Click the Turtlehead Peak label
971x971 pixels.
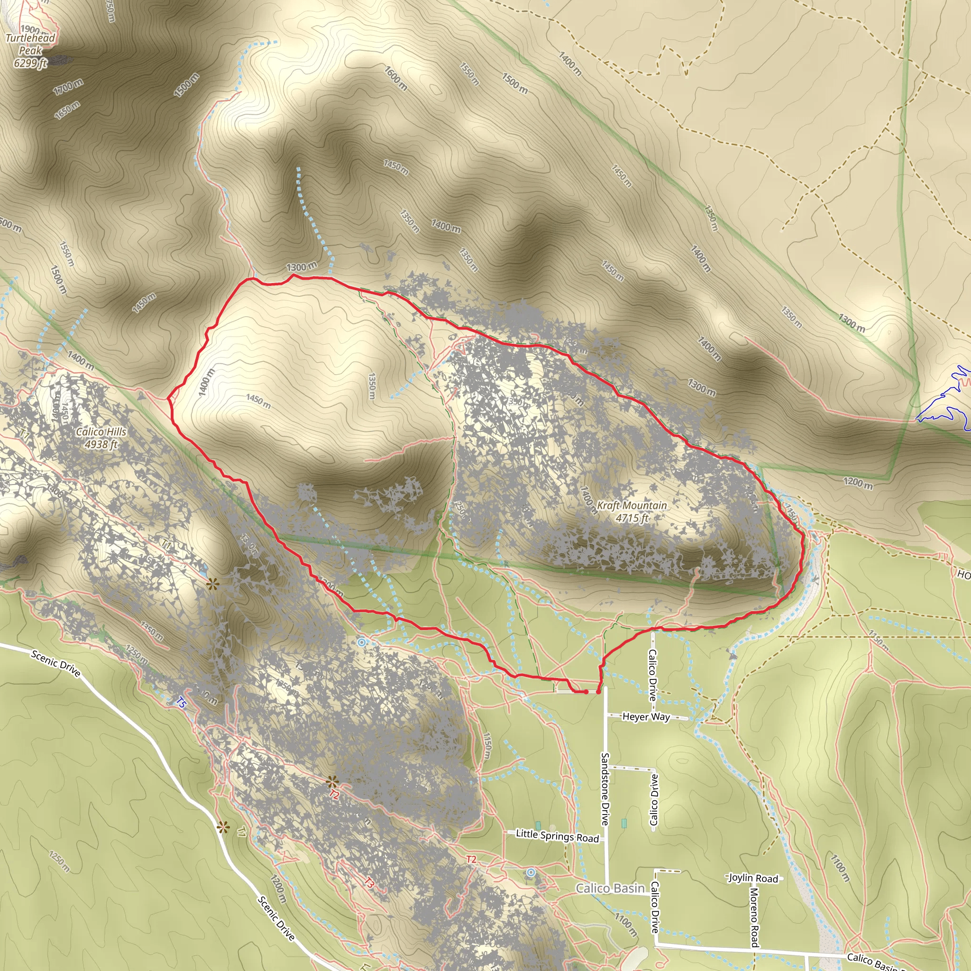(30, 44)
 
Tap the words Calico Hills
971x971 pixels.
(101, 432)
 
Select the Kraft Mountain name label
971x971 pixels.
(632, 505)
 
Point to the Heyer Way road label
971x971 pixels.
(646, 717)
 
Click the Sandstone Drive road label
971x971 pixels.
(605, 788)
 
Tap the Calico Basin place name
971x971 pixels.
(610, 888)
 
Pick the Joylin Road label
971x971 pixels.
(753, 878)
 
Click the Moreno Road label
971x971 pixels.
(754, 917)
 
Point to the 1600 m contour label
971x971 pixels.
(396, 78)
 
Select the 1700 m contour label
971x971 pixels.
(68, 87)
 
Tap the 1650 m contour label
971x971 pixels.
(67, 110)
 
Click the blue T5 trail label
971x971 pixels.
(182, 702)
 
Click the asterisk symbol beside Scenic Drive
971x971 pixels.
(223, 827)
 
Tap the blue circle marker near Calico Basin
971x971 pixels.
(531, 872)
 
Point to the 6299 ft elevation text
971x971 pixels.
(30, 64)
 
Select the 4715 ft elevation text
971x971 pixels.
(632, 518)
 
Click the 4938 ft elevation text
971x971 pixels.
(101, 444)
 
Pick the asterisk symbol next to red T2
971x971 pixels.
(332, 782)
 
